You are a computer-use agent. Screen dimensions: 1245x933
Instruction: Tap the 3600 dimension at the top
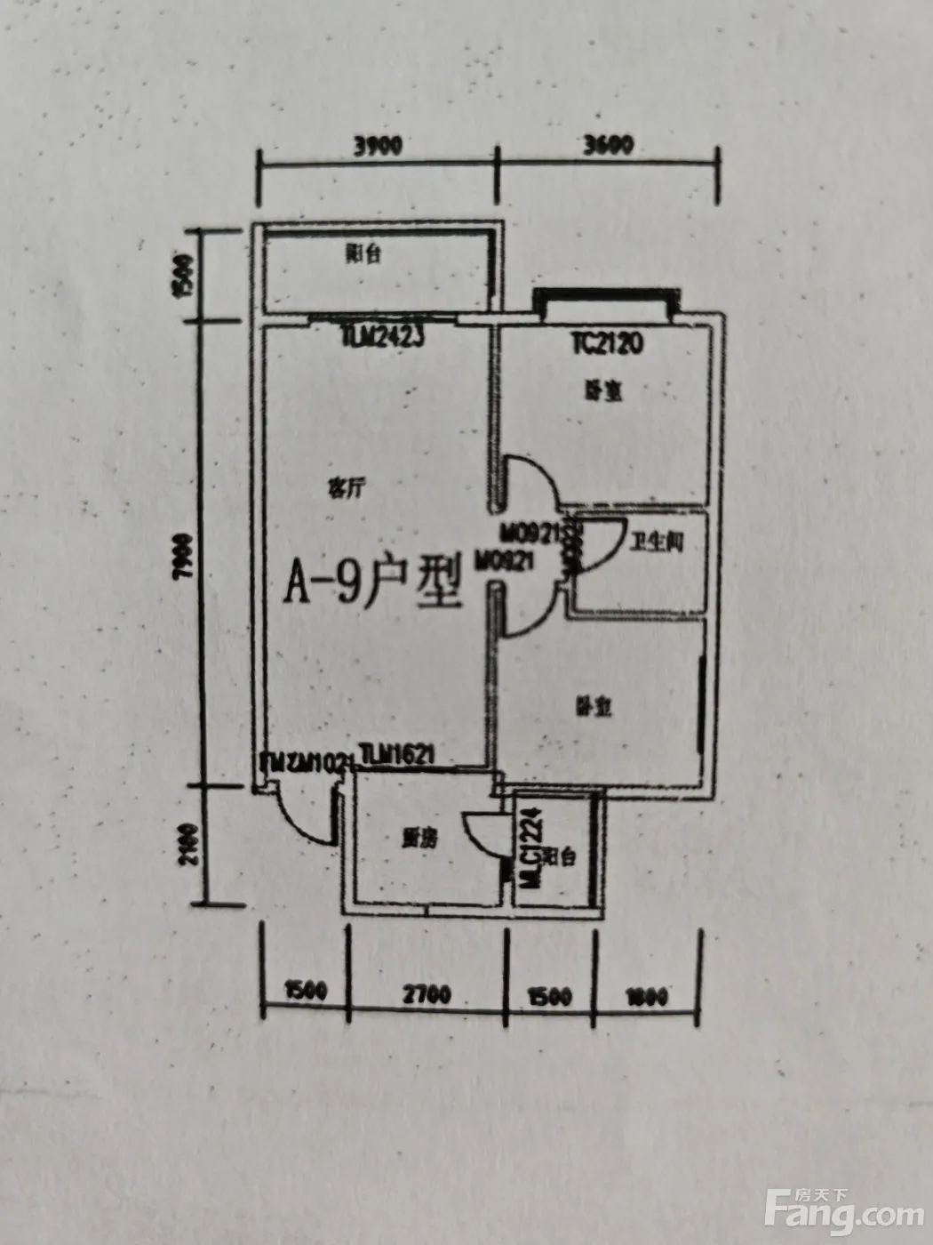[x=609, y=144]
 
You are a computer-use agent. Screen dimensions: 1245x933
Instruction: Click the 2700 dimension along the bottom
[x=427, y=993]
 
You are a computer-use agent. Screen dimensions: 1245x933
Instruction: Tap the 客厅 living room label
[x=346, y=488]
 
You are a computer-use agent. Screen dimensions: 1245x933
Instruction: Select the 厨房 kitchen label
[x=419, y=838]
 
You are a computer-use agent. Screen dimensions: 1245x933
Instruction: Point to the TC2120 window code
[x=608, y=343]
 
